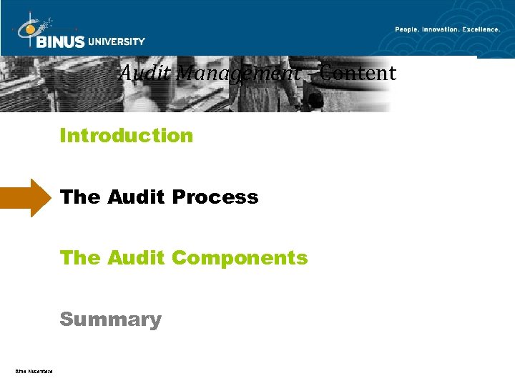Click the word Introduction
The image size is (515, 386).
127,135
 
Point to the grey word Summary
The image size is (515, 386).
110,319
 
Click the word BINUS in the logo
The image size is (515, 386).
62,41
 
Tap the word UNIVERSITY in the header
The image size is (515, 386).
117,41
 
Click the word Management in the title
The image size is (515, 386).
238,73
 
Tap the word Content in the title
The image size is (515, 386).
358,73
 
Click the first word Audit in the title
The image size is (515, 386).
145,73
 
